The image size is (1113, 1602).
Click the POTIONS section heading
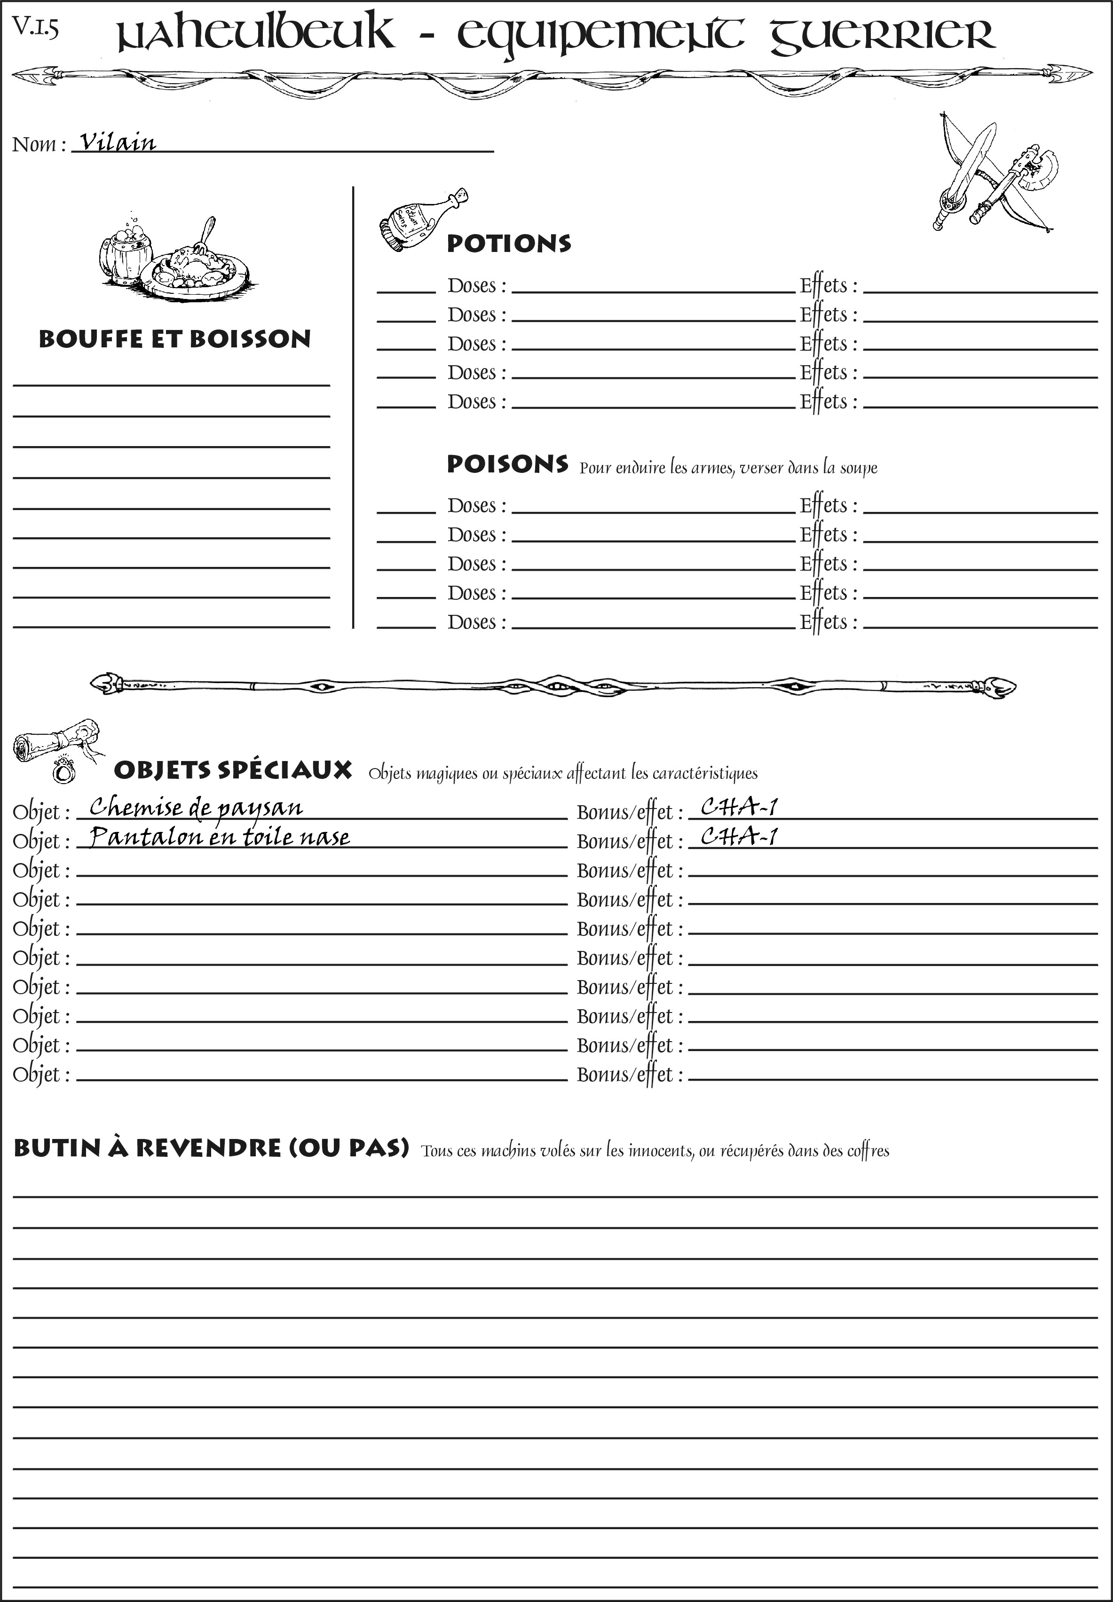(x=508, y=243)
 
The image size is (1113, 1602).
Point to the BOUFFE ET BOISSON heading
(x=174, y=339)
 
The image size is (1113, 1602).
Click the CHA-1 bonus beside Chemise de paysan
(x=739, y=807)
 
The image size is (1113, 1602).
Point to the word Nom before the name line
(x=34, y=144)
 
